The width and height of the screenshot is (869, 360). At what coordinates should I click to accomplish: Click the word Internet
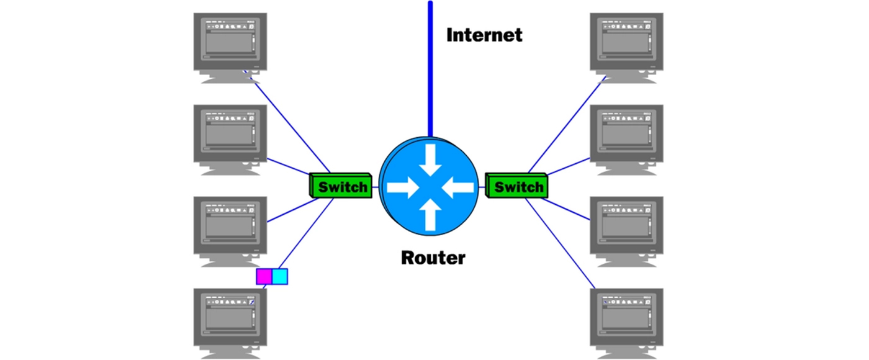click(484, 35)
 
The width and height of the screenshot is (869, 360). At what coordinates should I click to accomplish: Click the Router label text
click(433, 256)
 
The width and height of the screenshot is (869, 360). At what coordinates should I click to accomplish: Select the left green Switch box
click(341, 186)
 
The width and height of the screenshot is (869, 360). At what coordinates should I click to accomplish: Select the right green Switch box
click(517, 186)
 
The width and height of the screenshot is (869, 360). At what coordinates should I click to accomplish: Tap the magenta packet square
click(264, 276)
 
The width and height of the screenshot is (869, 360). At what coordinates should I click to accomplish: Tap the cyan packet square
click(281, 276)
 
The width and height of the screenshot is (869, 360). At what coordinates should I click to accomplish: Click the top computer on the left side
click(230, 47)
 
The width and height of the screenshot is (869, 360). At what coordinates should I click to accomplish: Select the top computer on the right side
click(626, 47)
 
